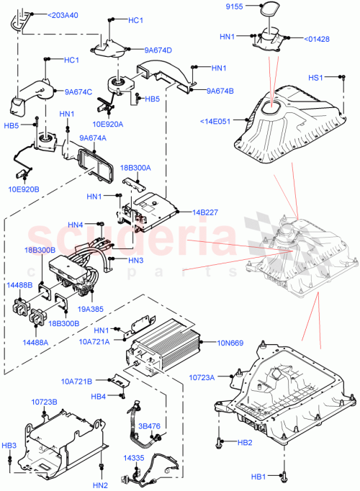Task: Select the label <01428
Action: (317, 39)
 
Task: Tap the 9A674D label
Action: (158, 50)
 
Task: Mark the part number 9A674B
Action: (220, 91)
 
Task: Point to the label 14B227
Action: (205, 212)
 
